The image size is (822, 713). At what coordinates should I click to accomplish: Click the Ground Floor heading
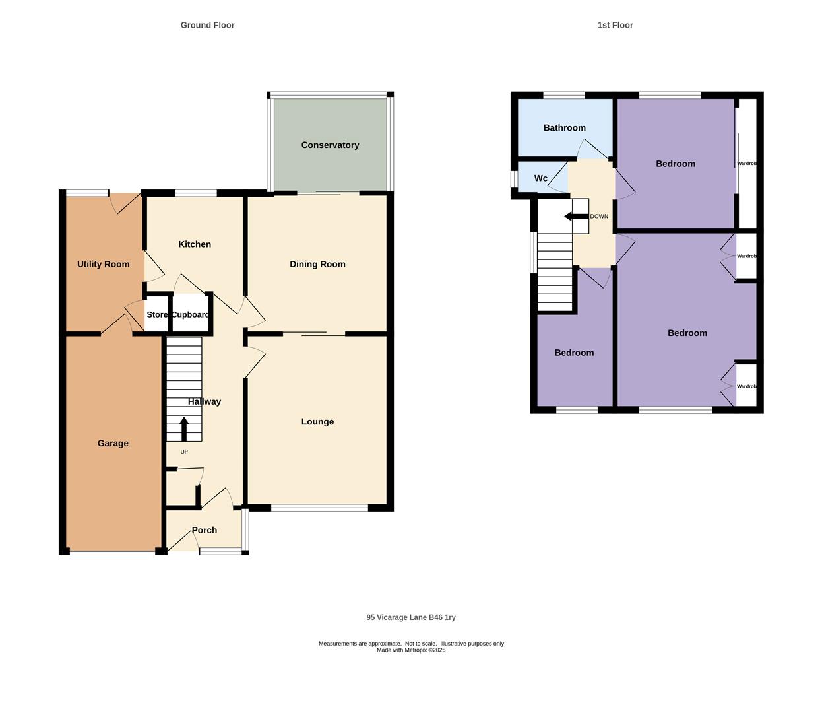point(207,25)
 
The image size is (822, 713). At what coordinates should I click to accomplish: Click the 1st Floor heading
point(615,25)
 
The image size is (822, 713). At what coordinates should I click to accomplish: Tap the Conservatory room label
point(330,145)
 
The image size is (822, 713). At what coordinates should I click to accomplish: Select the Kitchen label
point(195,244)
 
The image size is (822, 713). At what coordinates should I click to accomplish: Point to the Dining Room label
point(317,264)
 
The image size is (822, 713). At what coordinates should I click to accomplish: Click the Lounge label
point(317,422)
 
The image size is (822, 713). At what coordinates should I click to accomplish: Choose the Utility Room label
point(103,264)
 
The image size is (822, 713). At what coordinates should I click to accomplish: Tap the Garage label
point(113,444)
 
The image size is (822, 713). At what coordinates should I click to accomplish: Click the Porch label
point(204,530)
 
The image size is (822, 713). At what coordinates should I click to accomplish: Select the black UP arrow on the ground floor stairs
point(184,428)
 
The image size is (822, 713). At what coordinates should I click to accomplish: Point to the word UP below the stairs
point(184,452)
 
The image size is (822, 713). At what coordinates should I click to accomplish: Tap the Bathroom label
point(564,128)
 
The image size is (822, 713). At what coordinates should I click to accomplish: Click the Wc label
point(541,178)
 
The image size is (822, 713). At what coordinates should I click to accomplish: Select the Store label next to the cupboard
point(157,315)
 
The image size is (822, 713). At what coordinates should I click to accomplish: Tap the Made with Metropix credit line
point(411,650)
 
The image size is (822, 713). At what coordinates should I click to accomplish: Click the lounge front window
point(319,508)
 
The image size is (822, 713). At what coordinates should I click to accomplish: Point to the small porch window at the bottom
point(220,551)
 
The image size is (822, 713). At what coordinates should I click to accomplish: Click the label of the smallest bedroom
point(574,353)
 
